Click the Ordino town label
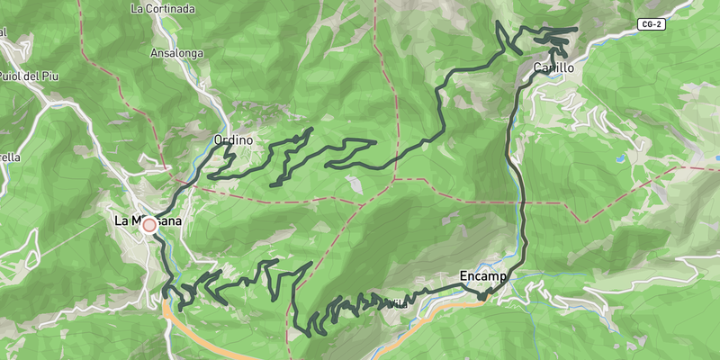coord(233,140)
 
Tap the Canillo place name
coord(554,67)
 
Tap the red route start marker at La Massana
coord(149,226)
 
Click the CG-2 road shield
coord(653,23)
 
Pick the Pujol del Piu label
coord(27,76)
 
